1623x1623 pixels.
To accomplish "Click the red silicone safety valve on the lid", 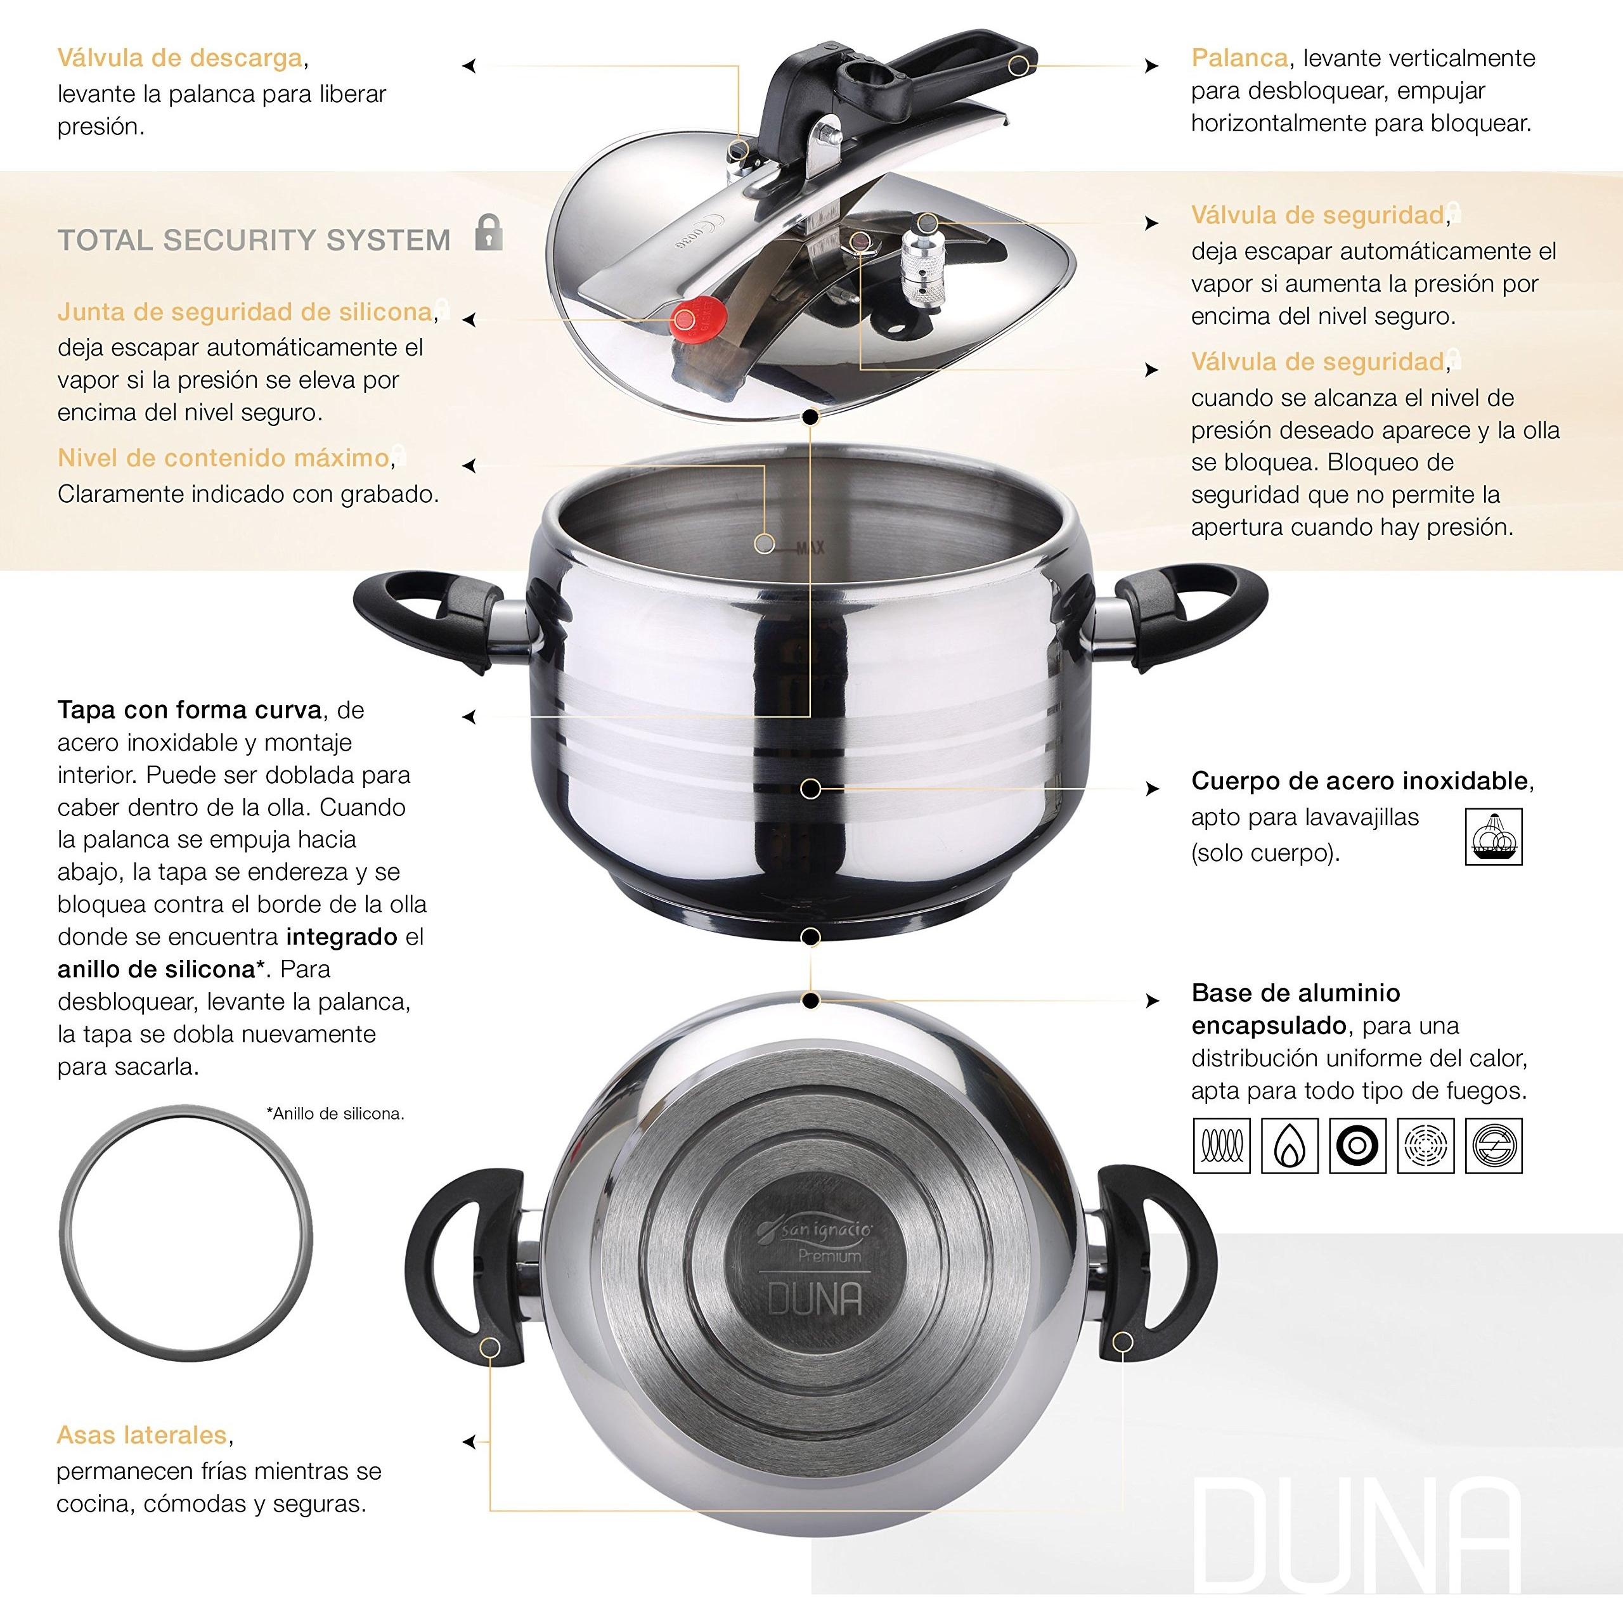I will coord(687,320).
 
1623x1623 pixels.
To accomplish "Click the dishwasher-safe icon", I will coord(1493,837).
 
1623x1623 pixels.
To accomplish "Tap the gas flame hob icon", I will coord(1290,1145).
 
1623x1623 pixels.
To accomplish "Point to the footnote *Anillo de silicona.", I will coord(335,1114).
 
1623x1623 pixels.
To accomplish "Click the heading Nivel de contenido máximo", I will coord(223,458).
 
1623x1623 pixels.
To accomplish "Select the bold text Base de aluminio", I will coord(1295,993).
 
